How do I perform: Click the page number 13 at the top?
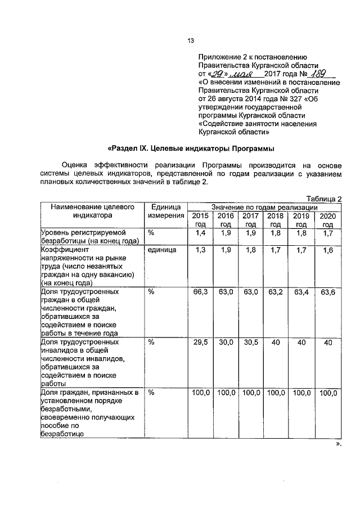[x=191, y=39]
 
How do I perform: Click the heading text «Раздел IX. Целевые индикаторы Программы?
[x=191, y=148]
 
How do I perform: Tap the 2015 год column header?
[x=200, y=220]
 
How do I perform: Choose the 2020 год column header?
[x=327, y=220]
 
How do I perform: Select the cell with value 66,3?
[x=200, y=292]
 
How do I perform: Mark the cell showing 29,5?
[x=200, y=341]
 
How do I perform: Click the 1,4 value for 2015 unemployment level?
[x=200, y=232]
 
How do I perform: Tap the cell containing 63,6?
[x=327, y=292]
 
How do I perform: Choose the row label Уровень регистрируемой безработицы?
[x=90, y=237]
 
